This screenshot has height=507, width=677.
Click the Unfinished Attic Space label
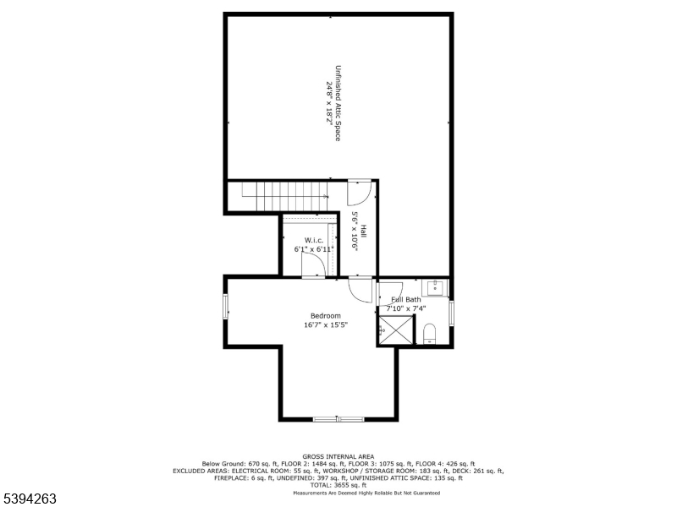click(338, 102)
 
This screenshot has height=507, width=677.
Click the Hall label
click(363, 231)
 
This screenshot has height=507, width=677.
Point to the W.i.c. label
click(314, 241)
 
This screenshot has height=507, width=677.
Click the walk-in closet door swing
click(314, 264)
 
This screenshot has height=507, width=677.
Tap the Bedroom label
click(326, 316)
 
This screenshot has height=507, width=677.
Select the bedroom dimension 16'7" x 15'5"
click(326, 325)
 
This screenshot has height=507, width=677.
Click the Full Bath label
click(406, 300)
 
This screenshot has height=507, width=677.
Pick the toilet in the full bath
click(429, 331)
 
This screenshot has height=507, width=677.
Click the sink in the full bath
click(435, 289)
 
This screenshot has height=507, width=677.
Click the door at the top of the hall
click(359, 192)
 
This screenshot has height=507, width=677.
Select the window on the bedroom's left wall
click(225, 307)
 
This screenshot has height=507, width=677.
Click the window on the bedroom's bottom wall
click(338, 418)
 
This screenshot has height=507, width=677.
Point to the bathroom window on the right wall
click(451, 313)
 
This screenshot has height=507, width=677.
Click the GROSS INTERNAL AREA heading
click(338, 456)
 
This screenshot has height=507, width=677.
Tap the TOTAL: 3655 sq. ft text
click(338, 485)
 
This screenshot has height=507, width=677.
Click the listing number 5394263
click(29, 499)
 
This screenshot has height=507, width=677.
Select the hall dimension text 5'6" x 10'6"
click(355, 231)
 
